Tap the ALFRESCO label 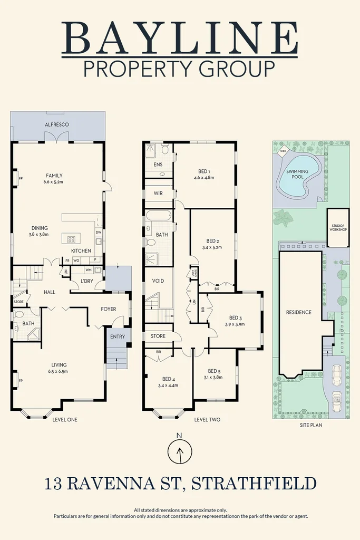pos(57,124)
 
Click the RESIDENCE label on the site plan pos(298,312)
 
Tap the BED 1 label pos(204,171)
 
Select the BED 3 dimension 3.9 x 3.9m pos(235,325)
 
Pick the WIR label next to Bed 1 pos(158,194)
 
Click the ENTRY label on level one pos(118,336)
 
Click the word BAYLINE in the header pos(180,38)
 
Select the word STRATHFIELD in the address pos(254,483)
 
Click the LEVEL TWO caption pos(207,420)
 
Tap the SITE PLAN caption pos(310,425)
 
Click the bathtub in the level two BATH pos(158,216)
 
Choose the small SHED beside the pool pos(283,151)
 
